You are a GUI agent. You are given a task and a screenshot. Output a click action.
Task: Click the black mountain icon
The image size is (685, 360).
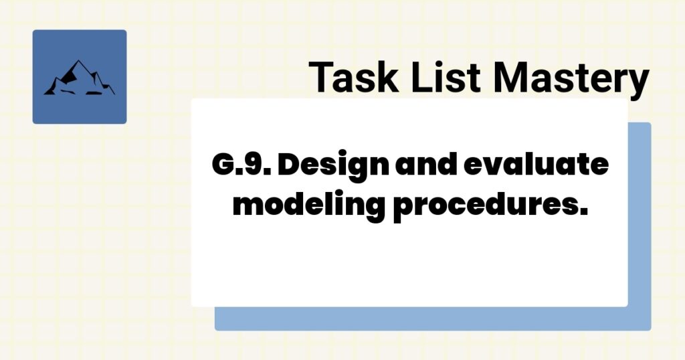[x=79, y=78]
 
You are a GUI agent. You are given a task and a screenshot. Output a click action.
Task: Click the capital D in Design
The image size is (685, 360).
[x=290, y=165]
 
